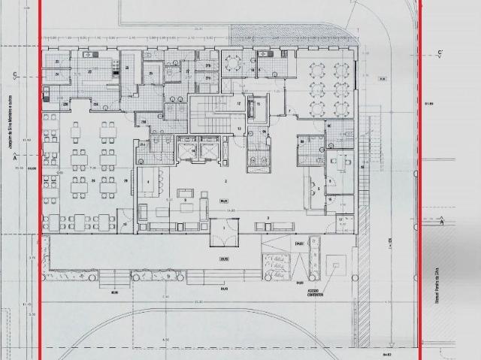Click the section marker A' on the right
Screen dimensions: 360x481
(441, 222)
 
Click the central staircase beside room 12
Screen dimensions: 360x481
(205, 113)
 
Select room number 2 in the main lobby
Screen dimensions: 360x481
(225, 182)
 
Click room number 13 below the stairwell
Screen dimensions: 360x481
(239, 129)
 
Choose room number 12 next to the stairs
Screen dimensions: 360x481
(239, 103)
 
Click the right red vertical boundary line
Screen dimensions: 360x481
(419, 180)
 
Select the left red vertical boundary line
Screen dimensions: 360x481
(39, 180)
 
